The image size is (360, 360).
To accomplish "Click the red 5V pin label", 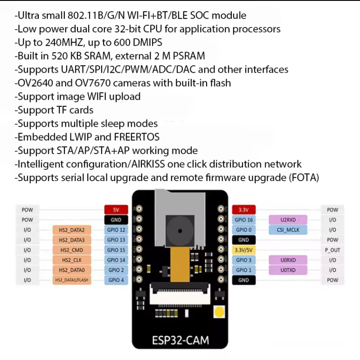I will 116,210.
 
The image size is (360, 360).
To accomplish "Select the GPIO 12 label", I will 116,229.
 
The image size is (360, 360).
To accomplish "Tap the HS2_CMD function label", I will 72,250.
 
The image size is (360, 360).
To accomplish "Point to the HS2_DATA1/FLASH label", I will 72,280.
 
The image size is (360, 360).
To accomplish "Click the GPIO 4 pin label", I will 116,280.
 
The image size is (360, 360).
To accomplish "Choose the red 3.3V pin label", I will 243,210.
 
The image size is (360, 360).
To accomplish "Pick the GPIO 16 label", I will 243,220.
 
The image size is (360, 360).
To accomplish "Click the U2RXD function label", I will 288,220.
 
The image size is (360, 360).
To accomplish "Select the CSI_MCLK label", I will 288,229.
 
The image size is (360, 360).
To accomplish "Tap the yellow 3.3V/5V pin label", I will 243,250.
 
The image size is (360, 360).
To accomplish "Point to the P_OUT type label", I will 332,250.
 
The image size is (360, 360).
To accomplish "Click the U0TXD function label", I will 288,270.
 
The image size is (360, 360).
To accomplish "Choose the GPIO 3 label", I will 243,260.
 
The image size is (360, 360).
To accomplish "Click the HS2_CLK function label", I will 72,260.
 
